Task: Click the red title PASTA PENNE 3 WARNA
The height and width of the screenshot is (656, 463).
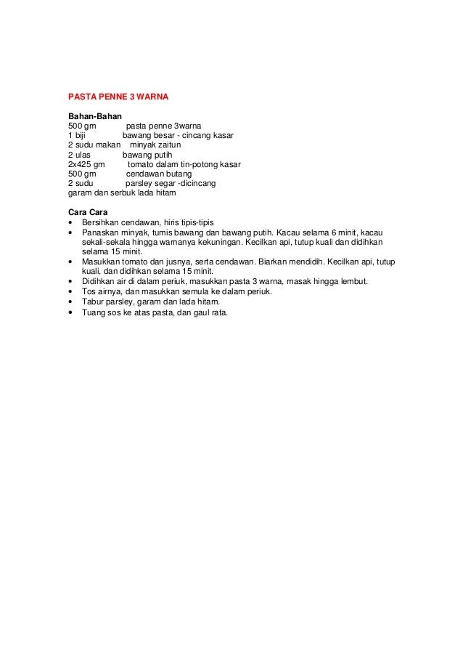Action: (x=118, y=96)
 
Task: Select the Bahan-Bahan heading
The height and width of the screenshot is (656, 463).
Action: (x=95, y=116)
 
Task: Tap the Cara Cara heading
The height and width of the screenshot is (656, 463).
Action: (x=88, y=211)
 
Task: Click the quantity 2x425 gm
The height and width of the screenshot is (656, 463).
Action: (x=86, y=165)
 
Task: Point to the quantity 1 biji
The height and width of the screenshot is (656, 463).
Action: (x=77, y=135)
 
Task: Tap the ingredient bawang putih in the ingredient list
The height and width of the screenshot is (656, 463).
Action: (x=147, y=155)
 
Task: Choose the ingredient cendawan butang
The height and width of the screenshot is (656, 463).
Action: (x=159, y=174)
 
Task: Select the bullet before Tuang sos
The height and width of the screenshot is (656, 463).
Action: (x=70, y=314)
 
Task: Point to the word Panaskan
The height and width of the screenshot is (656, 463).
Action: (x=100, y=232)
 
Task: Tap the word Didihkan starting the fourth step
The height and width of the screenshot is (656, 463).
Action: (x=100, y=281)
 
